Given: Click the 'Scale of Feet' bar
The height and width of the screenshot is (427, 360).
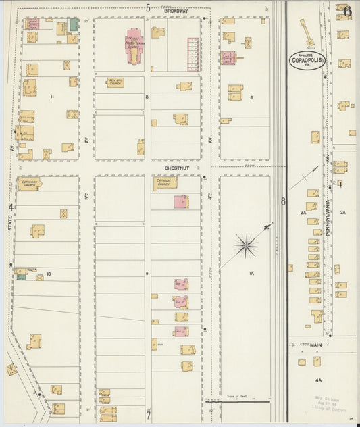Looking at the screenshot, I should [x=238, y=401].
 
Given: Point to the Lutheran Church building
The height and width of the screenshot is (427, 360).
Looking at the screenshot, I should [x=29, y=184].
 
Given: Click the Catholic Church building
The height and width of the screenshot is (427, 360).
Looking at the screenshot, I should [x=165, y=182].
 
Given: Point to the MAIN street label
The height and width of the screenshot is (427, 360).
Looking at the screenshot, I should [x=315, y=345].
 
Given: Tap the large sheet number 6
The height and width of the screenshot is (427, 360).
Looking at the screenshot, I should [x=346, y=11].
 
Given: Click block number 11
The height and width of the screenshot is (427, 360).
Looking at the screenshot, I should [x=51, y=96].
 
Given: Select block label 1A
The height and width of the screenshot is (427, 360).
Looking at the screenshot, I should [x=251, y=273].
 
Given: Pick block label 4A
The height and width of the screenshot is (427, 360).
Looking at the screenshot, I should [x=318, y=380].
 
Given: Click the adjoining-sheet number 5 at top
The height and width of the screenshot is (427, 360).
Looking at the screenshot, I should [x=147, y=7].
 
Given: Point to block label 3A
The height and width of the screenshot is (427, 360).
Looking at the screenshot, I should [x=342, y=212].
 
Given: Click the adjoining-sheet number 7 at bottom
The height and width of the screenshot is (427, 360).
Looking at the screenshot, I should [x=147, y=416].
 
